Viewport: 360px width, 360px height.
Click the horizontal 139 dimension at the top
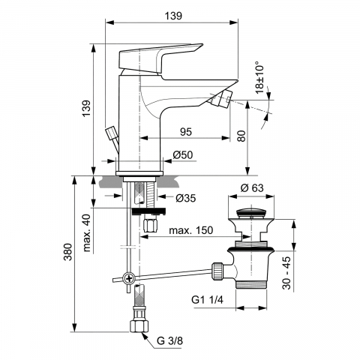173,16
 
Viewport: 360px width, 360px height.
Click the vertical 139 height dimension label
86,109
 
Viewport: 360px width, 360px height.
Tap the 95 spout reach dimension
186,131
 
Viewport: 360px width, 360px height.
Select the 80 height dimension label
241,136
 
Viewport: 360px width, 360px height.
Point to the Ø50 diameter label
183,155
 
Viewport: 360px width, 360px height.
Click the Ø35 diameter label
186,198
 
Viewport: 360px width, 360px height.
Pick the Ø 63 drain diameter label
252,187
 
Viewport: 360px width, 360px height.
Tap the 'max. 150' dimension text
191,230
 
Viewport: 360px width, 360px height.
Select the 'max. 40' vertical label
86,233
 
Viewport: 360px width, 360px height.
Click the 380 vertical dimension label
67,252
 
